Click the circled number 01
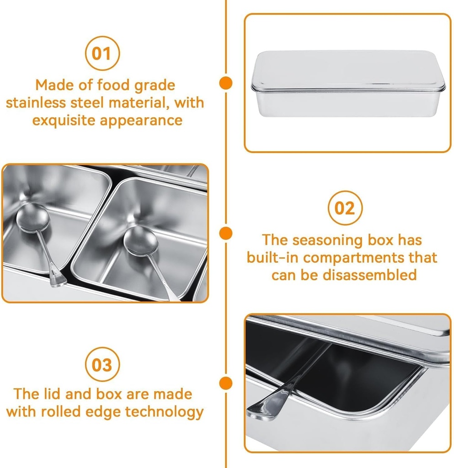102,53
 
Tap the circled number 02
345,207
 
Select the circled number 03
102,364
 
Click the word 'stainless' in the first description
36,103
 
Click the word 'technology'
164,412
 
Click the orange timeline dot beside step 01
226,83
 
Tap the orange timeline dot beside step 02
226,233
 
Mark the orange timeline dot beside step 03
226,383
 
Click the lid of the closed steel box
348,70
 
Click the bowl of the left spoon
33,218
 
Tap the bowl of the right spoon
140,240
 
